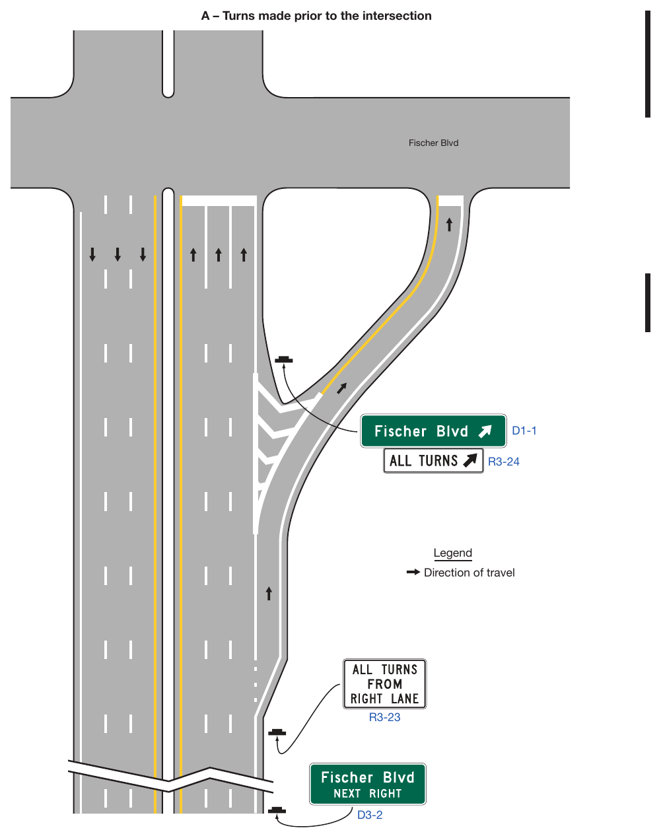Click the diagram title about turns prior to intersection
tap(316, 16)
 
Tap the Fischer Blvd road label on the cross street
tap(433, 143)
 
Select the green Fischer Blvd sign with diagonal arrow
tap(433, 431)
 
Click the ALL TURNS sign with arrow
tap(433, 461)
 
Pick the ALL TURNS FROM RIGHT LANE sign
tap(384, 683)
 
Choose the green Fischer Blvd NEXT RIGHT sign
tap(367, 784)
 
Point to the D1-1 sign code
tap(524, 431)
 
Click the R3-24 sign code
tap(504, 462)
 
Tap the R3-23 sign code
tap(384, 717)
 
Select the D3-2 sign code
tap(370, 815)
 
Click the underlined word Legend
tap(452, 553)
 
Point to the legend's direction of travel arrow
tap(413, 572)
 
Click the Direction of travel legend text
tap(469, 573)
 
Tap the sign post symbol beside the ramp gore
tap(283, 359)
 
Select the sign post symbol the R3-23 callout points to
tap(277, 732)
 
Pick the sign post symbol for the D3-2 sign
tap(277, 810)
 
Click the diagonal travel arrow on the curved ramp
tap(341, 388)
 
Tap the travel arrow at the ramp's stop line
tap(449, 225)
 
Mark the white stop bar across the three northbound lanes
tap(219, 201)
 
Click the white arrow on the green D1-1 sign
tap(485, 431)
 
